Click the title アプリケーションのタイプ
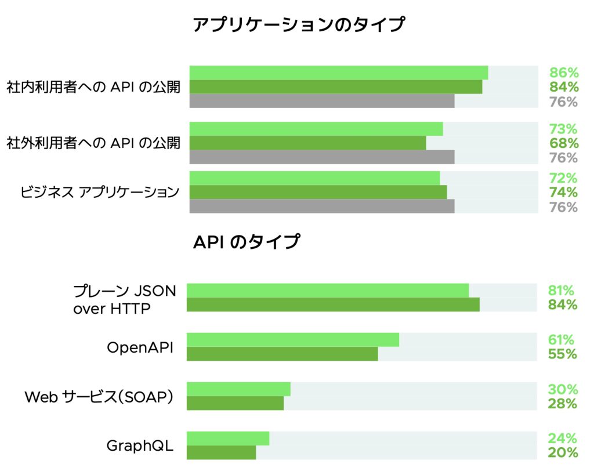(x=299, y=25)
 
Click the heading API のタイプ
(x=246, y=241)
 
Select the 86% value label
(x=564, y=73)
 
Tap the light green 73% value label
(x=564, y=129)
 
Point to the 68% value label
(x=564, y=143)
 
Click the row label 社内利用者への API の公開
(x=93, y=87)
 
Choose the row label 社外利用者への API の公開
(x=93, y=143)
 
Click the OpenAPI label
(x=140, y=347)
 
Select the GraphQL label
(x=140, y=445)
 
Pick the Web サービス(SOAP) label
(x=99, y=397)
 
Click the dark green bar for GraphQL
(x=221, y=452)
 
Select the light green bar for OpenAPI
(x=292, y=340)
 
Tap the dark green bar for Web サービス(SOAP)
(x=235, y=403)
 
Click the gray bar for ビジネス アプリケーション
(x=321, y=206)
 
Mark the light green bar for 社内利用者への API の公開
(x=338, y=73)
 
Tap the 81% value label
(x=562, y=291)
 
